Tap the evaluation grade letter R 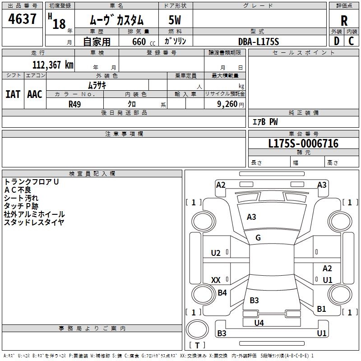click(x=344, y=21)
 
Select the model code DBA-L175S click(x=259, y=42)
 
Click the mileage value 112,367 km click(x=53, y=65)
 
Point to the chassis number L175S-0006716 click(x=303, y=144)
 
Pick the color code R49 click(x=75, y=104)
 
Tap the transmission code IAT click(x=13, y=94)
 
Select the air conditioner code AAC click(x=35, y=94)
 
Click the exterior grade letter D click(x=336, y=42)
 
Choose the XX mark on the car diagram click(x=216, y=280)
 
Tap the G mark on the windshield click(x=258, y=238)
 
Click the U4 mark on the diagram click(x=259, y=323)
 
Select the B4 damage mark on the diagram click(x=222, y=293)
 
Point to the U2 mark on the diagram click(x=216, y=253)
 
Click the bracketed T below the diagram click(x=197, y=346)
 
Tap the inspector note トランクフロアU click(x=32, y=182)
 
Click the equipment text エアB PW click(x=265, y=122)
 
